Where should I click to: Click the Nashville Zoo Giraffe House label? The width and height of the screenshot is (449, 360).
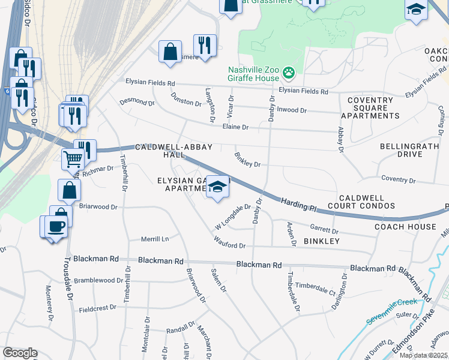[253, 74]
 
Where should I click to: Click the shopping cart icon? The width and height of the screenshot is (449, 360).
[72, 160]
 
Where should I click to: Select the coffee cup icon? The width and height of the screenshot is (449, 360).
[56, 226]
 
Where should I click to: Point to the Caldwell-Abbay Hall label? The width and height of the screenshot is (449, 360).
[164, 151]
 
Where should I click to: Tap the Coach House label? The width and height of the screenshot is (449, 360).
[405, 227]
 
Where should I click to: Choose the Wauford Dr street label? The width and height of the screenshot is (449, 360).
[230, 245]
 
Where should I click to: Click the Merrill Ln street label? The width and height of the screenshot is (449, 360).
[155, 238]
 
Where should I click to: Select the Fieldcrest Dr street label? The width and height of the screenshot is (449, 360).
[98, 308]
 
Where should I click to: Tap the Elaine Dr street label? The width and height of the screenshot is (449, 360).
[235, 127]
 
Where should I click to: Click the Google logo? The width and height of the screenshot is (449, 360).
[20, 353]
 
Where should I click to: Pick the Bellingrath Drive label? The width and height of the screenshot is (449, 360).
[409, 150]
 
